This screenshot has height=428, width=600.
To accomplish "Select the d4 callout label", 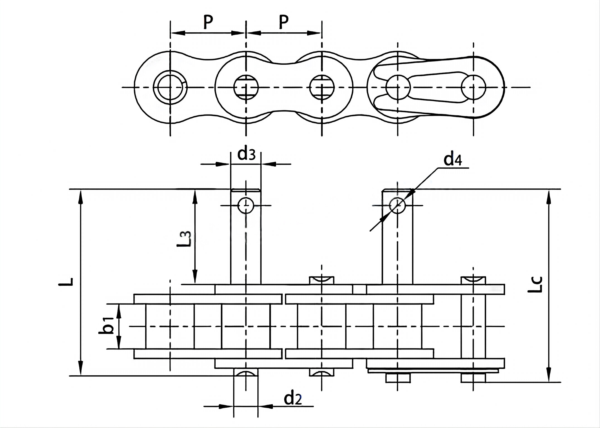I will [x=453, y=159].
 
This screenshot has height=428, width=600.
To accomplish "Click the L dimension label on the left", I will [x=66, y=282].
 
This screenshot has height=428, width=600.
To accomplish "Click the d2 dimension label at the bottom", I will [x=292, y=399].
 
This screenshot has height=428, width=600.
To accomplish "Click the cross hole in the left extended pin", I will [x=246, y=206].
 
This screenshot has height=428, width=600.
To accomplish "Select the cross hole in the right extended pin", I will [x=397, y=205].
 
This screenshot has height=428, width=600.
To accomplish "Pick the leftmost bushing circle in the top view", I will [x=170, y=87].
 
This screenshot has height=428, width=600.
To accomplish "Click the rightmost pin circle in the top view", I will [x=473, y=87].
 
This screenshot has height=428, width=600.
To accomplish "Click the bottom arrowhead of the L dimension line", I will [x=81, y=369].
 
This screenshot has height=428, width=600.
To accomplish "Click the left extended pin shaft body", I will [x=246, y=245].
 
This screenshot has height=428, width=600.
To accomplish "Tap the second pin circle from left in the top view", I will [x=246, y=87].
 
